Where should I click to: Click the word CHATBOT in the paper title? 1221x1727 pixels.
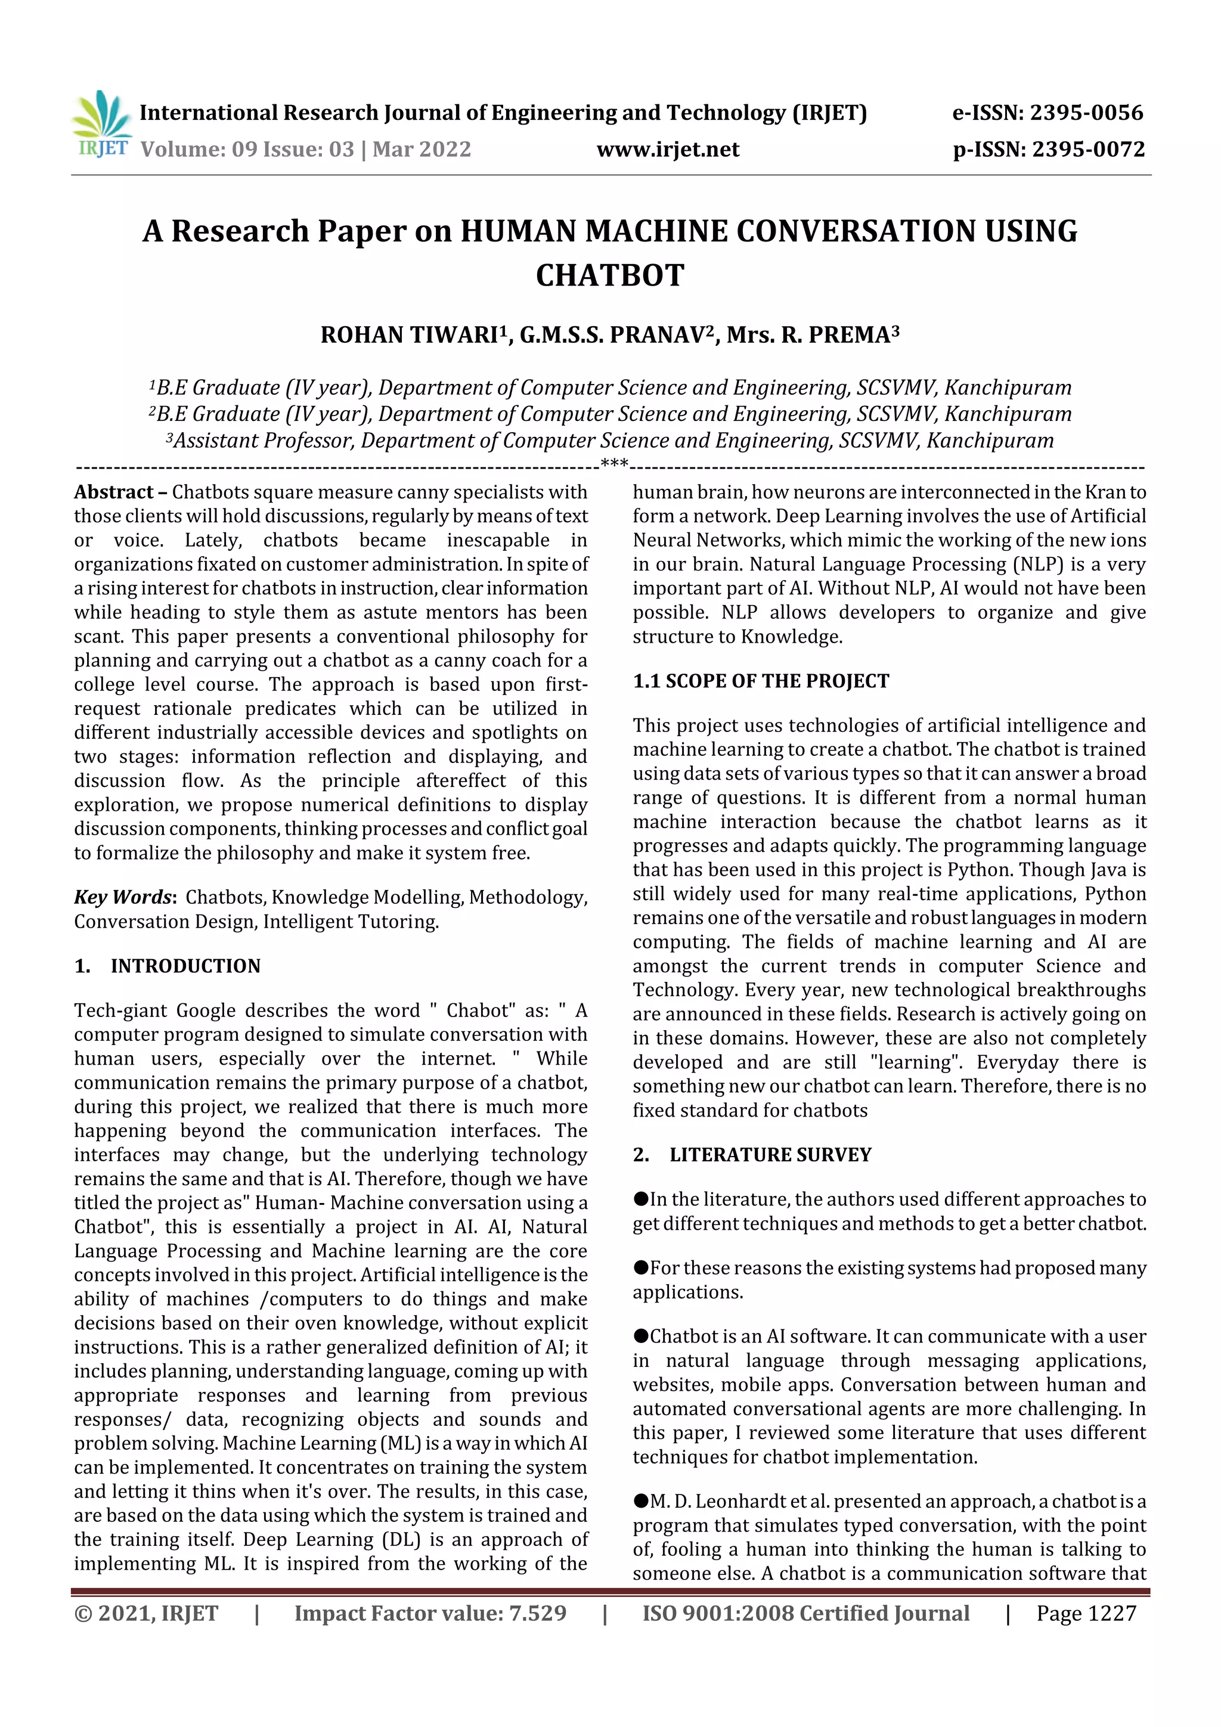(609, 275)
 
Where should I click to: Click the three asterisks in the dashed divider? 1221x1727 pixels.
(615, 463)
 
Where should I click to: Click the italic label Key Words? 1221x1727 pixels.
(123, 897)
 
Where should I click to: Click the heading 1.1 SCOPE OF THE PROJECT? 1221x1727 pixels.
(761, 681)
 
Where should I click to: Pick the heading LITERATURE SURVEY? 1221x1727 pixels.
(770, 1155)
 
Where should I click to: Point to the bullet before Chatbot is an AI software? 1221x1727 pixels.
(640, 1336)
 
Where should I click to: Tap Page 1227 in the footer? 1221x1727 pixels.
(1086, 1613)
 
